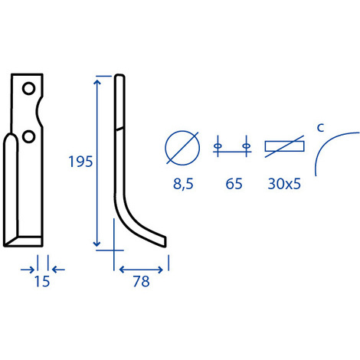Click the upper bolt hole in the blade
pyautogui.click(x=28, y=89)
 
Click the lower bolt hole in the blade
pyautogui.click(x=28, y=136)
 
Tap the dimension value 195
pyautogui.click(x=80, y=162)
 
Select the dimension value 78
pyautogui.click(x=141, y=281)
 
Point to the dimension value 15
pyautogui.click(x=42, y=281)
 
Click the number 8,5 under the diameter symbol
pyautogui.click(x=183, y=184)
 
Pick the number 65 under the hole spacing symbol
pyautogui.click(x=234, y=184)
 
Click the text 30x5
pyautogui.click(x=284, y=184)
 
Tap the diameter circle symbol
pyautogui.click(x=182, y=148)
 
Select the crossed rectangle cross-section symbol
pyautogui.click(x=284, y=146)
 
